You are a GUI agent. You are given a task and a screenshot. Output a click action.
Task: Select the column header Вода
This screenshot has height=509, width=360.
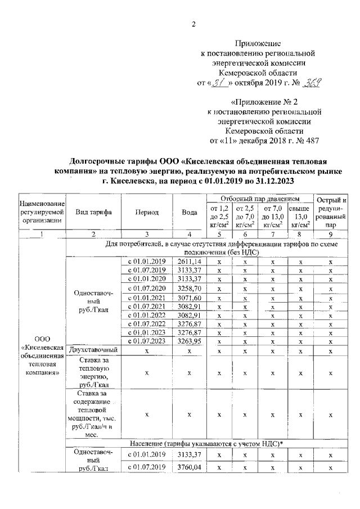[x=190, y=213]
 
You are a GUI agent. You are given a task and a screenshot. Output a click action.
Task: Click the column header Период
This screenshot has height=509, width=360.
[x=146, y=213]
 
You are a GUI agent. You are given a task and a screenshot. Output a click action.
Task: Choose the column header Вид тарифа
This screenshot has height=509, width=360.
[x=93, y=213]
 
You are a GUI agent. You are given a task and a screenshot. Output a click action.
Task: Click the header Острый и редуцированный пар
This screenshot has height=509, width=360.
[x=331, y=213]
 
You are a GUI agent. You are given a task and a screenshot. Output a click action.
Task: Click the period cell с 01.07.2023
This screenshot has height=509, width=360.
[x=146, y=341]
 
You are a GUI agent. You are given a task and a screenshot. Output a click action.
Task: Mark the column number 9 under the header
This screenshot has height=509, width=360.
[x=331, y=234]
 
